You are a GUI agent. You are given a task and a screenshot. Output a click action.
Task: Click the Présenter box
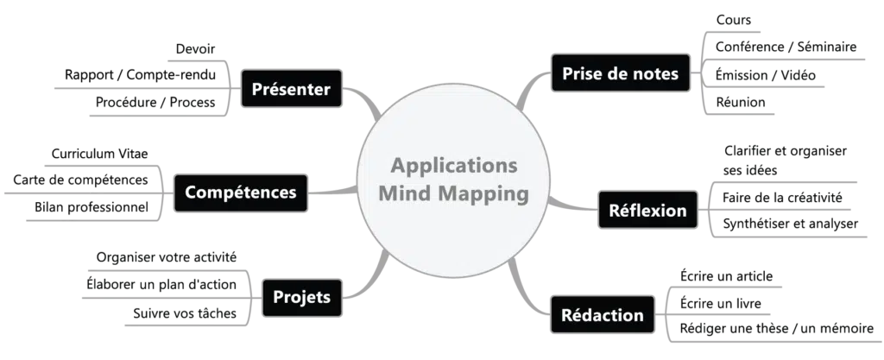click(291, 90)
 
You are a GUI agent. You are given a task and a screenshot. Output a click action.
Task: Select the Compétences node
click(240, 192)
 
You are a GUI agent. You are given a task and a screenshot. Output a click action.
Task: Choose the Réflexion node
click(647, 210)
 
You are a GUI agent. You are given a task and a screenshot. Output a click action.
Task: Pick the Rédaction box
click(602, 315)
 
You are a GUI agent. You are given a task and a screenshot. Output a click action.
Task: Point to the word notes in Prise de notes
click(654, 74)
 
